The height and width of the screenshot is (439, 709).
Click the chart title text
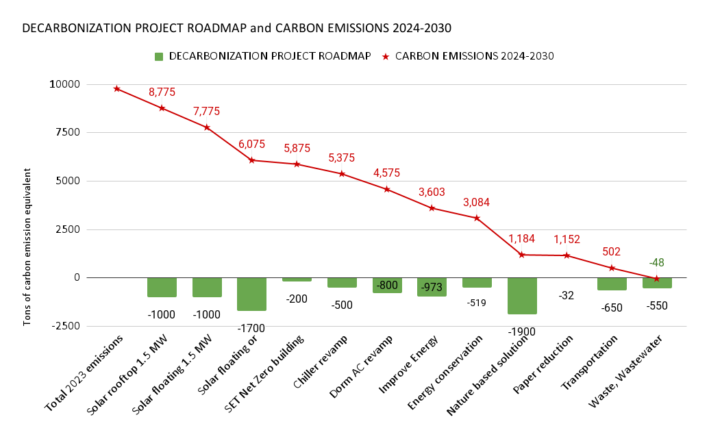coord(236,29)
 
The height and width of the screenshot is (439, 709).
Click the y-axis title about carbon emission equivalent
coord(27,205)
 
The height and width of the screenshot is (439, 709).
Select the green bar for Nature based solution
coord(522,295)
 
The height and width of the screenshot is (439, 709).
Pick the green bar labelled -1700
coord(251,294)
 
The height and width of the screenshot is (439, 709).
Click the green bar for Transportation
coord(612,284)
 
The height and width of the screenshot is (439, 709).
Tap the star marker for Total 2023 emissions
coord(117,88)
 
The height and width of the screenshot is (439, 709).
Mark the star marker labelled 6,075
coord(251,160)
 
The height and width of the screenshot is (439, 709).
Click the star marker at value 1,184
coord(522,255)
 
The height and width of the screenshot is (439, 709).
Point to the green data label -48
coord(657,262)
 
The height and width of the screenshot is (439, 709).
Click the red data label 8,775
coord(162,92)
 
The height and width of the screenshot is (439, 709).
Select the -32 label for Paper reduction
coord(567,295)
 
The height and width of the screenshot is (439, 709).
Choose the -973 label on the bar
coord(432,287)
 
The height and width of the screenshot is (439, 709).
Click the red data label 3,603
coord(432,192)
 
